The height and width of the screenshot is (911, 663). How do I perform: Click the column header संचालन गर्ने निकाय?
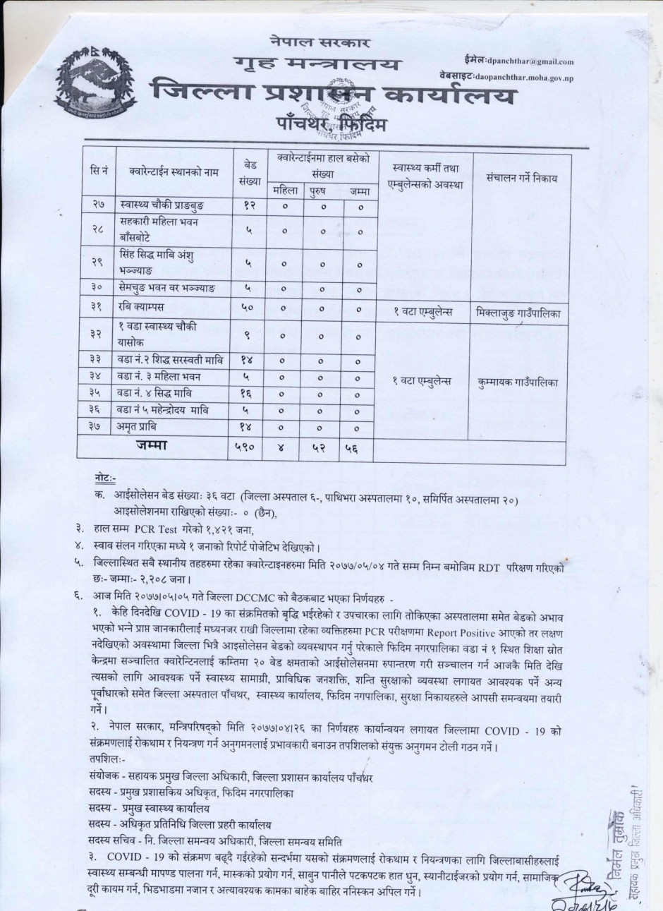click(522, 179)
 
